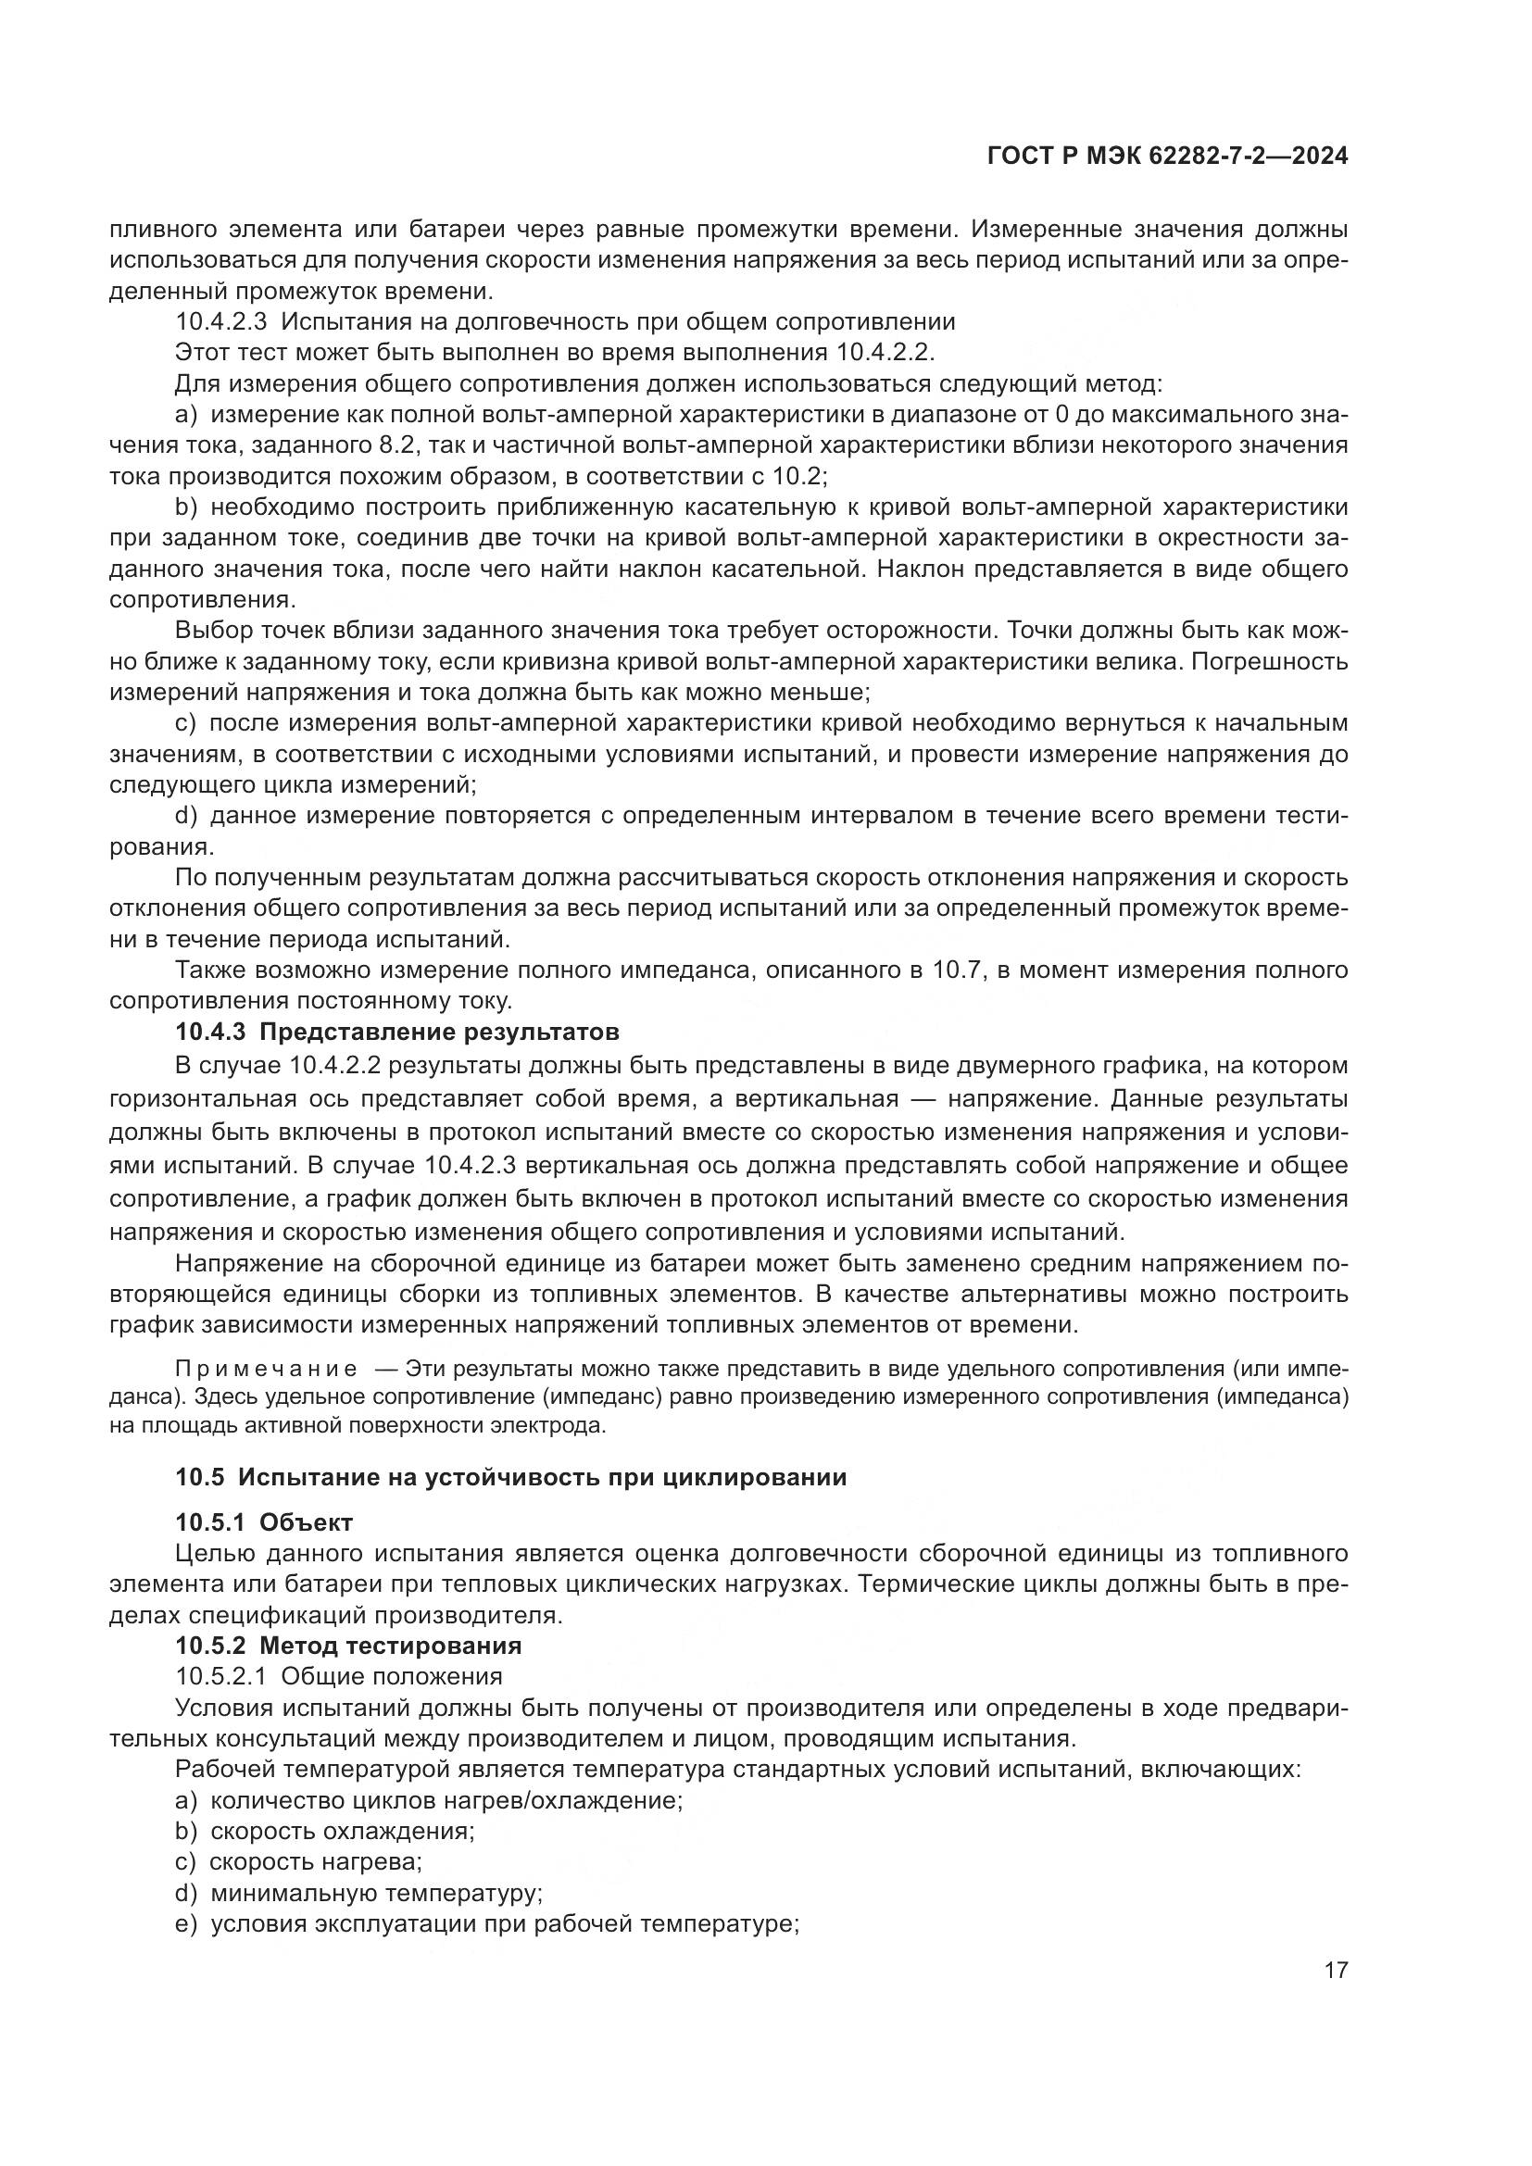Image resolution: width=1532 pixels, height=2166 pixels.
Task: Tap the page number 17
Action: [1336, 1971]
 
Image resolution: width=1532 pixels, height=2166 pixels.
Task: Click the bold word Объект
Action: [306, 1522]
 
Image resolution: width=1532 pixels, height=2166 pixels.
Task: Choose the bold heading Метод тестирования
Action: [390, 1646]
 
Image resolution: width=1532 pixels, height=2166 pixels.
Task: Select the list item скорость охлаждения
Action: [342, 1832]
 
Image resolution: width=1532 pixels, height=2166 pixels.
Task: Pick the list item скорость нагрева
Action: [315, 1863]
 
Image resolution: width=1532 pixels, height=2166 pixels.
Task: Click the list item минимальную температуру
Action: [374, 1894]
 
